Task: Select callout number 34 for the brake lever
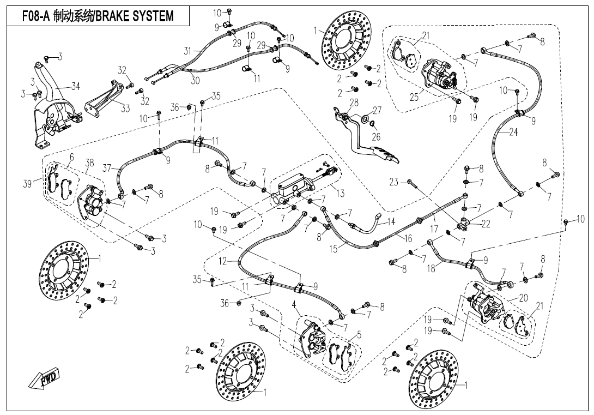click(75, 86)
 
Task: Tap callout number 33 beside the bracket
click(125, 108)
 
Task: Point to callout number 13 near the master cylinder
click(341, 194)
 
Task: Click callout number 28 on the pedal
click(354, 103)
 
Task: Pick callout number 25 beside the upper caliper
click(414, 98)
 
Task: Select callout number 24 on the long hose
click(513, 132)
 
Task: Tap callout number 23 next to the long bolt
click(394, 182)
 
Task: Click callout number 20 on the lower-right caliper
click(523, 298)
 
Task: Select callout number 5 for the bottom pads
click(358, 335)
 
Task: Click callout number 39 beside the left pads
click(27, 184)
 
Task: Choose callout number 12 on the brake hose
click(222, 262)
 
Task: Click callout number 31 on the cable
click(187, 51)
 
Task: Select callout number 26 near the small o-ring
click(376, 137)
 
